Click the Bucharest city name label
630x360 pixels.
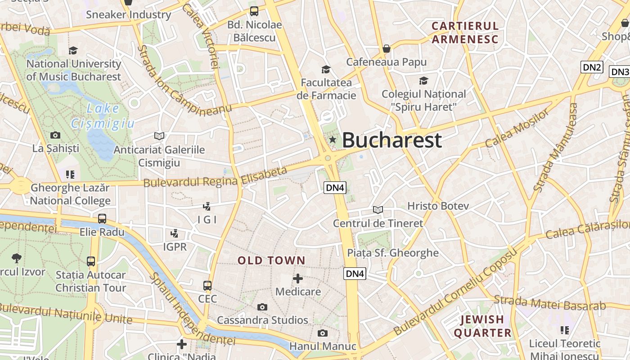392,140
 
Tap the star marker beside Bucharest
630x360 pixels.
333,140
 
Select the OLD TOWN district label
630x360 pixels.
271,261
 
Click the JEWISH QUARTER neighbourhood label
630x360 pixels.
482,326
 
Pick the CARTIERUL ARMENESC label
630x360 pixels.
465,32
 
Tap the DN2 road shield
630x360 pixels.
592,67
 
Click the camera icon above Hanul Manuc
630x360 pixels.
322,333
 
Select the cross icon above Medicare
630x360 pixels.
297,279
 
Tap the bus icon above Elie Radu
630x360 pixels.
102,219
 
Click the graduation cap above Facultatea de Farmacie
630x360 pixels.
326,69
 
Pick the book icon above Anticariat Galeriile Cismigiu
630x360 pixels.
159,135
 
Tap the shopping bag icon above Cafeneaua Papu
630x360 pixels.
386,49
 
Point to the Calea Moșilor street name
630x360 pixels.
517,128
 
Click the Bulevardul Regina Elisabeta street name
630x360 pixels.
215,177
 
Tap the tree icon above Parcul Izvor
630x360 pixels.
17,258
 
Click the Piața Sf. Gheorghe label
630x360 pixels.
393,253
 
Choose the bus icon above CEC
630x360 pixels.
207,285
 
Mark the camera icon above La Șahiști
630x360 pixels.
55,135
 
